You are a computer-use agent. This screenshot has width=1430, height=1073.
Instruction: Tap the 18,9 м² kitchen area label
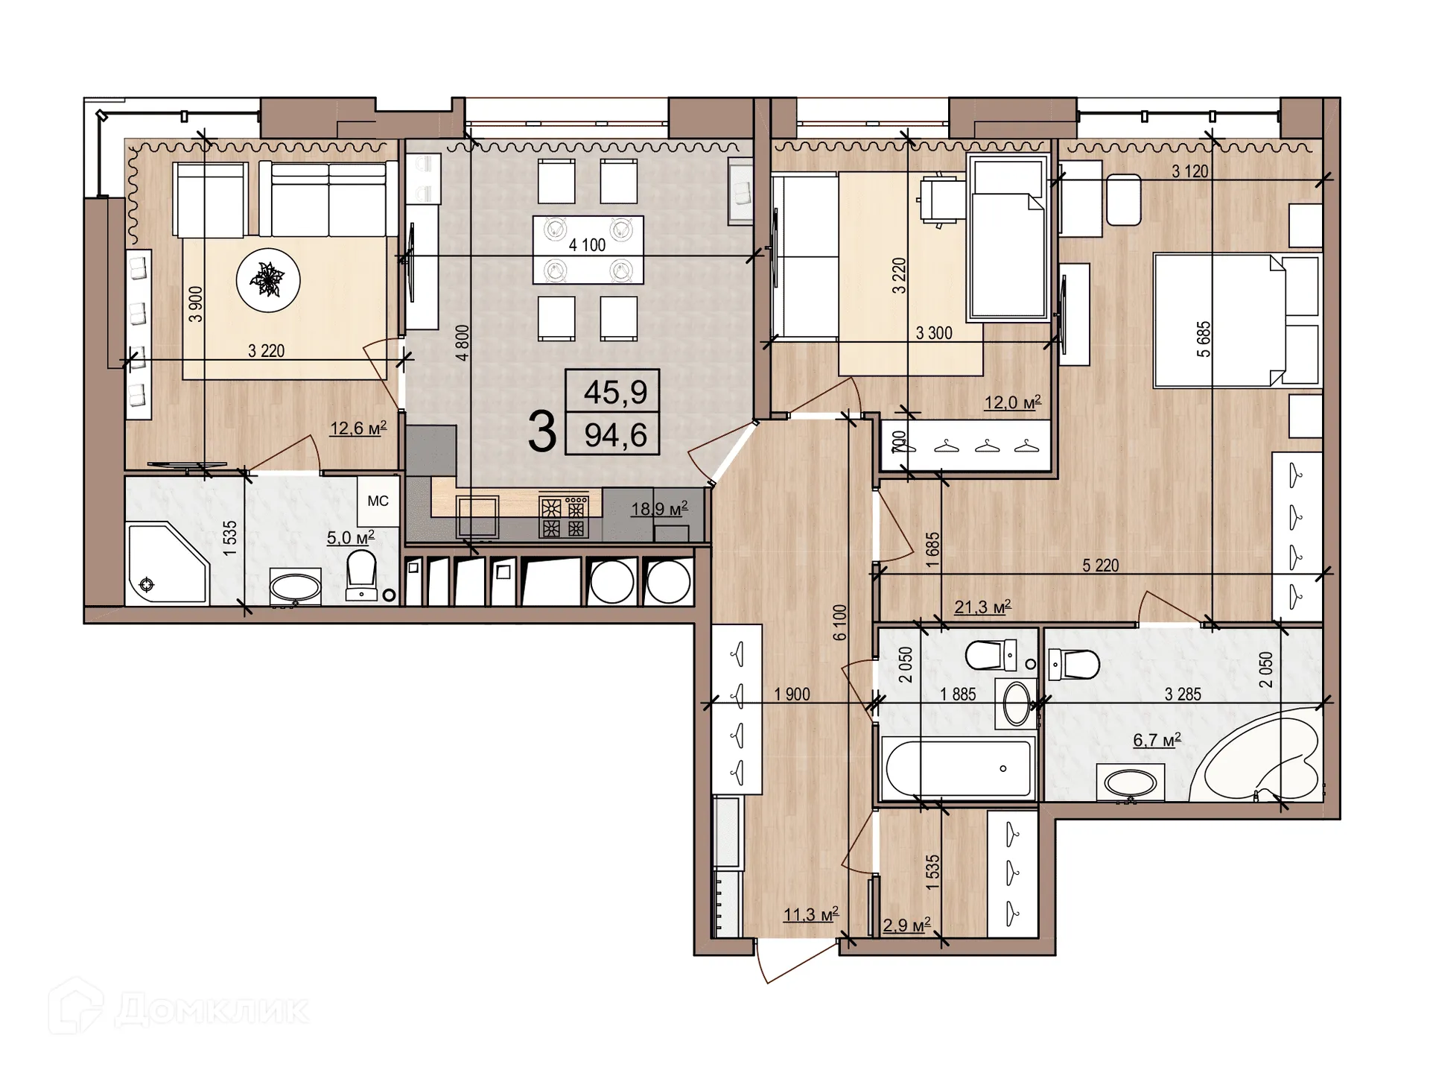[x=658, y=509]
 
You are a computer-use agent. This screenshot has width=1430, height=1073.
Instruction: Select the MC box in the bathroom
[x=378, y=501]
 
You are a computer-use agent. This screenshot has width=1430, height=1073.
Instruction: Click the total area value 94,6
[x=615, y=434]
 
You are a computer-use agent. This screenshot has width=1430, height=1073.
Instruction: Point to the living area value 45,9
[x=615, y=391]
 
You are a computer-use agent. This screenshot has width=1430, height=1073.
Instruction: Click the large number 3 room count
[x=541, y=433]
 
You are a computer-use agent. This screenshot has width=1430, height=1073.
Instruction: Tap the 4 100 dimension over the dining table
[x=587, y=245]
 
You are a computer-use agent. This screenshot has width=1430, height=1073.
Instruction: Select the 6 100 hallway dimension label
[x=840, y=622]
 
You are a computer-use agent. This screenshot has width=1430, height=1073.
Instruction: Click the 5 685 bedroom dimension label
[x=1204, y=339]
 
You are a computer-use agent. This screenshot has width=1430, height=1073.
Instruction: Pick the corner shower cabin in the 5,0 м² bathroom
[x=165, y=563]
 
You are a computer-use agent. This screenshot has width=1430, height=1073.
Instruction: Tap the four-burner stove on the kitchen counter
[x=564, y=517]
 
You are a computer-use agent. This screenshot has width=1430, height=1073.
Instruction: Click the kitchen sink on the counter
[x=477, y=516]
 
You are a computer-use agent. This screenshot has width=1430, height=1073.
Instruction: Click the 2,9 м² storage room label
[x=906, y=925]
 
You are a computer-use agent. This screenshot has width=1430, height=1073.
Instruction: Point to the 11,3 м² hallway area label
[x=811, y=914]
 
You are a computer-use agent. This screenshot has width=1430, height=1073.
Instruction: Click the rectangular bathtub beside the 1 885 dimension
[x=957, y=767]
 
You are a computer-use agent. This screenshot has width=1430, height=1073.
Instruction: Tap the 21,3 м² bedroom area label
[x=982, y=607]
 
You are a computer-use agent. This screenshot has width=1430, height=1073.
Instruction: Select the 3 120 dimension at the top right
[x=1189, y=171]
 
